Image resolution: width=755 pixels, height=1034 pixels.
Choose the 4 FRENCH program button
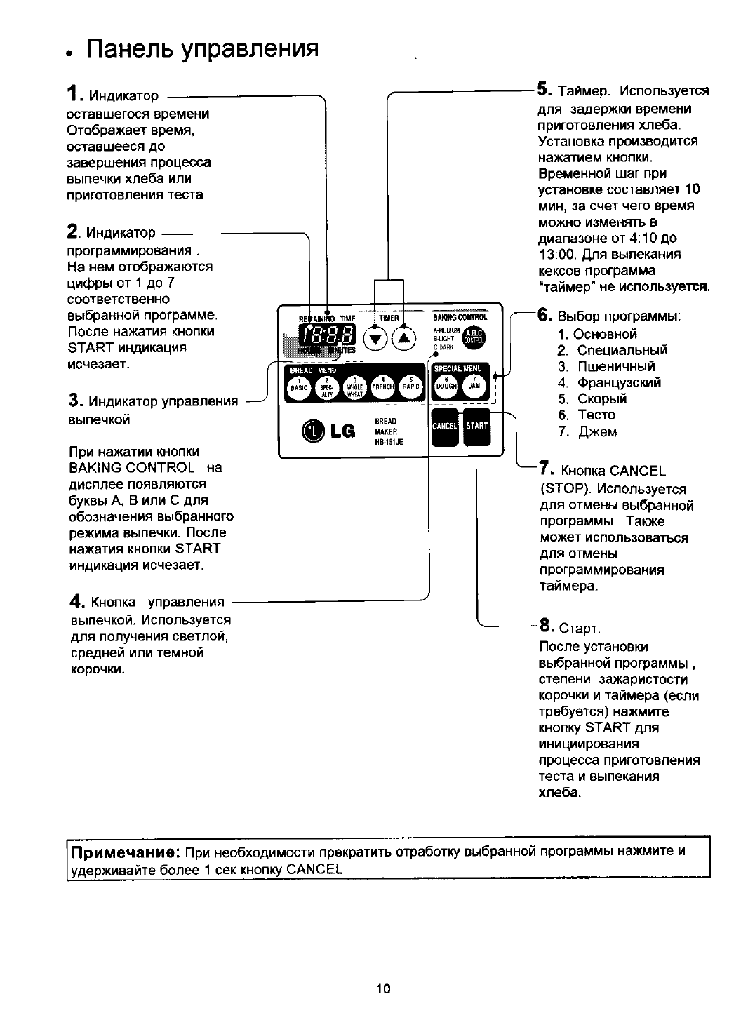(382, 386)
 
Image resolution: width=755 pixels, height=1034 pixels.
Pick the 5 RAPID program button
(410, 386)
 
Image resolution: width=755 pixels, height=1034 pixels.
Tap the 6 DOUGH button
(446, 385)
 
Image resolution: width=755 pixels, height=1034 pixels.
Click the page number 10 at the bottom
(382, 989)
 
